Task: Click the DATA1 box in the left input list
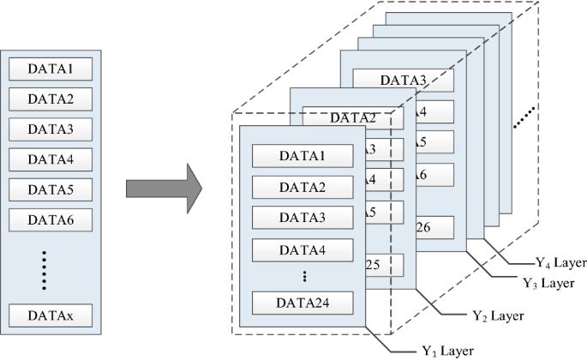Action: pyautogui.click(x=51, y=68)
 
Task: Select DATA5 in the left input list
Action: pyautogui.click(x=51, y=189)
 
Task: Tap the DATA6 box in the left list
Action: pyautogui.click(x=51, y=220)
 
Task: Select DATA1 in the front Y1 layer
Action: pyautogui.click(x=302, y=156)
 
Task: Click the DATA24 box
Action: pyautogui.click(x=302, y=302)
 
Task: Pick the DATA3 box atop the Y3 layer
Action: pyautogui.click(x=403, y=81)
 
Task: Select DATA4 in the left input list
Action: pyautogui.click(x=51, y=159)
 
